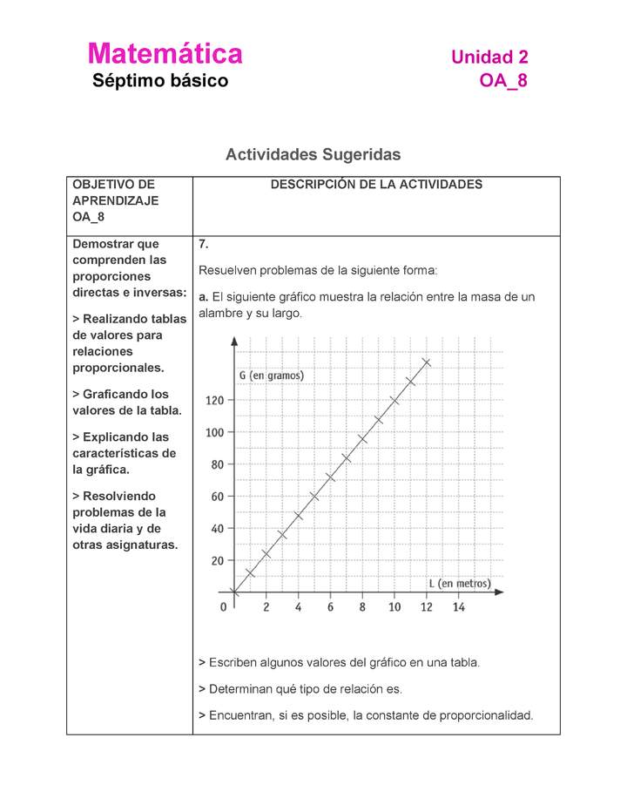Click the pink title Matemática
[165, 54]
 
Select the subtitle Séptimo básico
[160, 81]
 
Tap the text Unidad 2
[489, 58]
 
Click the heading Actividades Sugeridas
[313, 154]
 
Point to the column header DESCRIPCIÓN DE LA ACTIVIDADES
[376, 185]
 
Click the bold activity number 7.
[203, 244]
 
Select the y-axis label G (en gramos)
[271, 376]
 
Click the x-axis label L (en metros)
[459, 583]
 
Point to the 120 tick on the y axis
[214, 401]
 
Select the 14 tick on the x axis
[458, 607]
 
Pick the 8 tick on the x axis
[362, 607]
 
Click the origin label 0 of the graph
[224, 606]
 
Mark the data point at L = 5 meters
[313, 497]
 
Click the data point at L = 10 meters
[394, 401]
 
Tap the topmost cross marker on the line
[426, 362]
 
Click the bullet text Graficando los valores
[127, 403]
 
